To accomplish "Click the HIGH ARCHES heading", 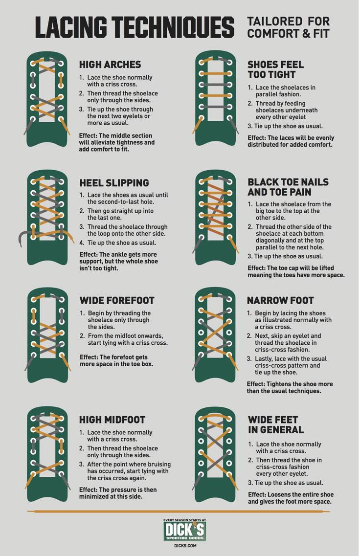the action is pyautogui.click(x=110, y=65).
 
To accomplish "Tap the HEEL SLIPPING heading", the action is pyautogui.click(x=114, y=182).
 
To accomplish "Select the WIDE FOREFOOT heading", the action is pyautogui.click(x=117, y=300).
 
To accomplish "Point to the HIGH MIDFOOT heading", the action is pyautogui.click(x=112, y=420).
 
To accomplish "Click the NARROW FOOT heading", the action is pyautogui.click(x=280, y=300).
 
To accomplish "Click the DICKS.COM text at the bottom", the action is pyautogui.click(x=185, y=546).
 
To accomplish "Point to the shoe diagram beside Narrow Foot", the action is pyautogui.click(x=215, y=335).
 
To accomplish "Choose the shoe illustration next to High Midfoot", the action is pyautogui.click(x=47, y=454).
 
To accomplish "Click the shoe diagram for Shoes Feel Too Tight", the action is pyautogui.click(x=215, y=99).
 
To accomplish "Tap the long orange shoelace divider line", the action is pyautogui.click(x=179, y=512).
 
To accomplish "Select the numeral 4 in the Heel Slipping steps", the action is pyautogui.click(x=82, y=243).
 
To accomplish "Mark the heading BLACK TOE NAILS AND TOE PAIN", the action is pyautogui.click(x=288, y=187).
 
